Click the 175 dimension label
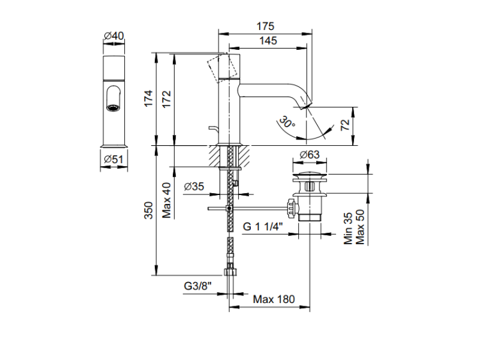(266, 26)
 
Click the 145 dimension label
(268, 41)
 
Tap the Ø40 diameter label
(114, 36)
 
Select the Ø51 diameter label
(113, 159)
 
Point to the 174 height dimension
(148, 98)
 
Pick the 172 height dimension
(166, 99)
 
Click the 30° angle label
(287, 122)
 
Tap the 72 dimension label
(345, 125)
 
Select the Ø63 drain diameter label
(310, 155)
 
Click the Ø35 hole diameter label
(194, 186)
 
